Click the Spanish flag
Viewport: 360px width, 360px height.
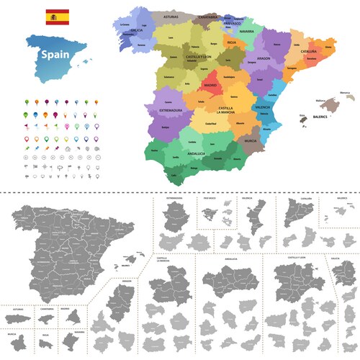pos(57,16)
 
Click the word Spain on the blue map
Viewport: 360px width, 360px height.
pos(55,54)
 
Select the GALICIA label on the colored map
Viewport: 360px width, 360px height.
pos(132,30)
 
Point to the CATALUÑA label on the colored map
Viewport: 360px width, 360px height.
pos(309,52)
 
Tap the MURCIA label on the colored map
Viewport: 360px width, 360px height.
pos(250,141)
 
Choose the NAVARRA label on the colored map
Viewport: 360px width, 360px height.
pos(246,32)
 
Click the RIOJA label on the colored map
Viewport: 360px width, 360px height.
pos(232,42)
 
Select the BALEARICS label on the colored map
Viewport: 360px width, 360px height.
pos(320,115)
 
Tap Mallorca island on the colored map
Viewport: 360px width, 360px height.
pos(323,105)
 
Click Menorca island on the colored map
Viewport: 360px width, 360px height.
pos(346,94)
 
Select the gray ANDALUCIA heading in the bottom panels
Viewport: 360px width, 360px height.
pos(231,257)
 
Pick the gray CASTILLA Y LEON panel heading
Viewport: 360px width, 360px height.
pos(297,257)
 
